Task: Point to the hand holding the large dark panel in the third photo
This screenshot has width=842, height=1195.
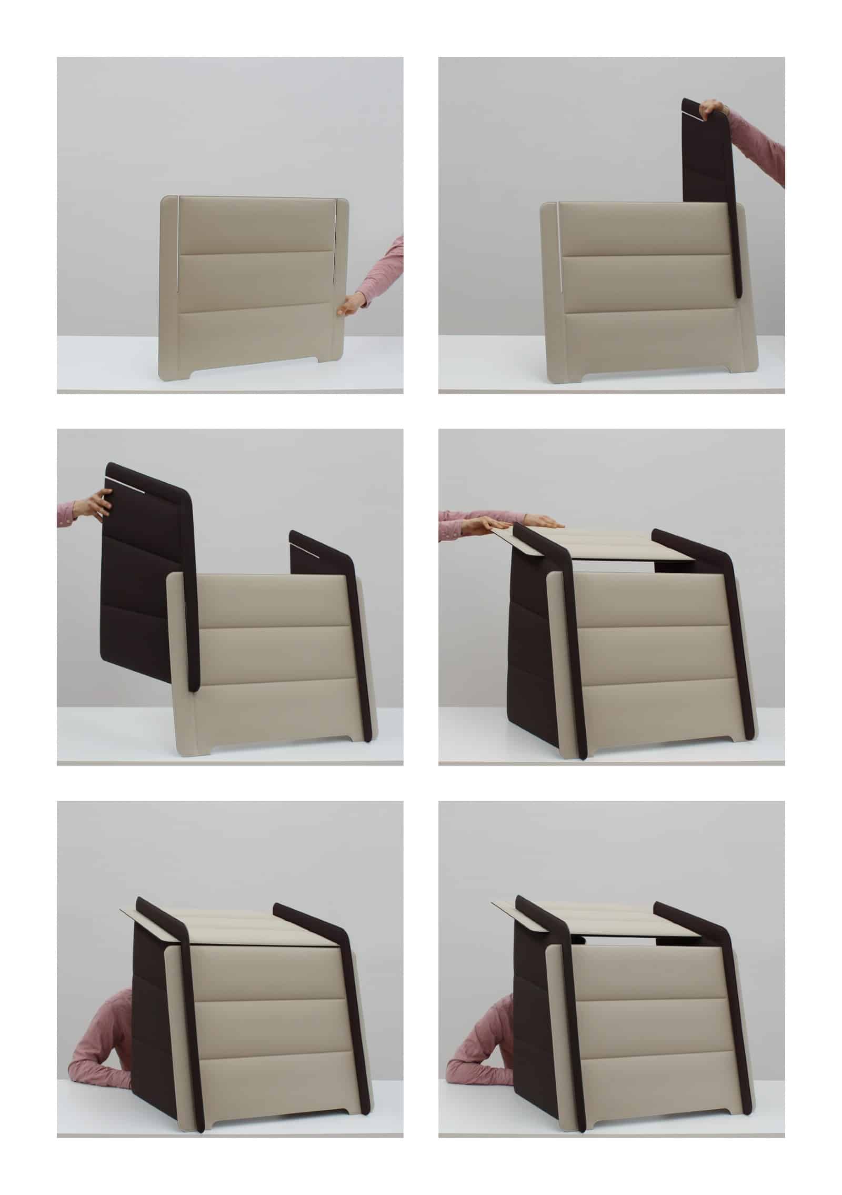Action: [100, 504]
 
